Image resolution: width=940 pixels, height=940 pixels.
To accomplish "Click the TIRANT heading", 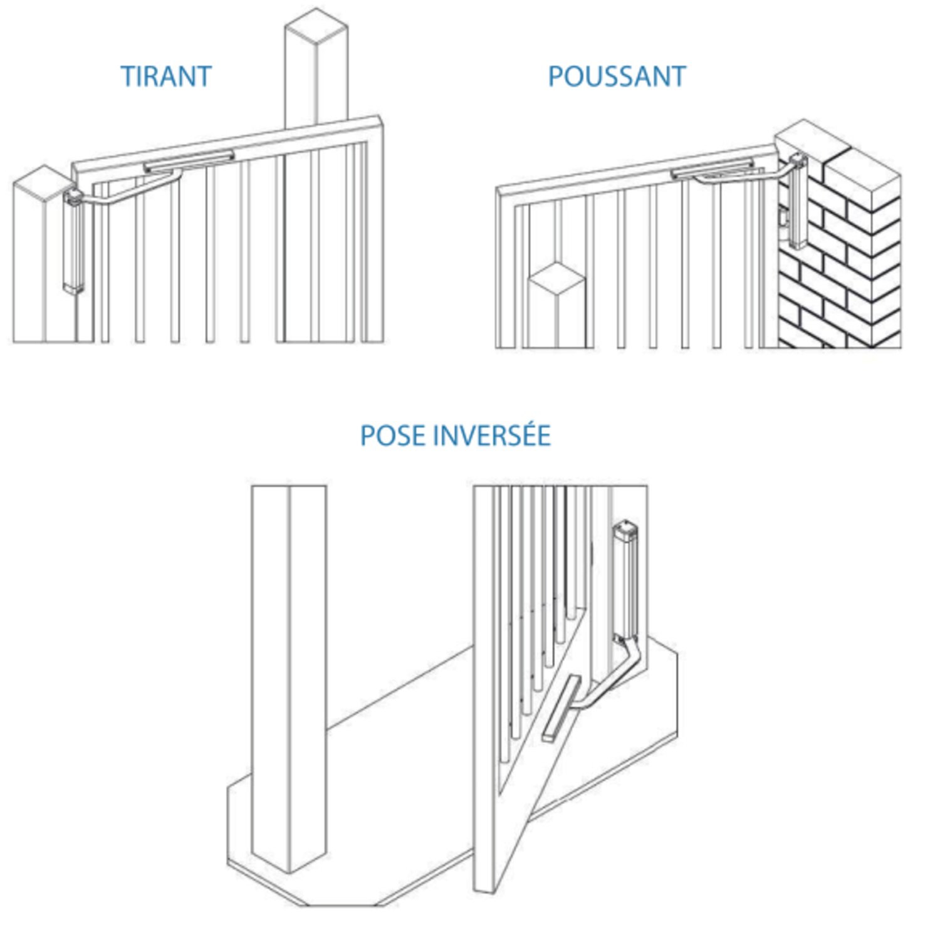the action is [x=166, y=76].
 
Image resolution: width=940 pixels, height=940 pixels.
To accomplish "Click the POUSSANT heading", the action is [x=617, y=76].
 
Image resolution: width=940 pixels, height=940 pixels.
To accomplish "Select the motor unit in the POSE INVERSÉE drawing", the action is [x=627, y=580].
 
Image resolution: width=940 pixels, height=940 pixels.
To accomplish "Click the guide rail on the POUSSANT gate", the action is [x=712, y=169].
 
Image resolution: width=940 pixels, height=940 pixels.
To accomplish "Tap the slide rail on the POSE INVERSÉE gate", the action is [x=561, y=708].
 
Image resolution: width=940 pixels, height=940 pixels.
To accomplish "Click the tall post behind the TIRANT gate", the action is [x=316, y=69].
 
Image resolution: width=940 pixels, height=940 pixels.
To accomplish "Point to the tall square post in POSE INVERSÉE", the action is [x=289, y=677].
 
